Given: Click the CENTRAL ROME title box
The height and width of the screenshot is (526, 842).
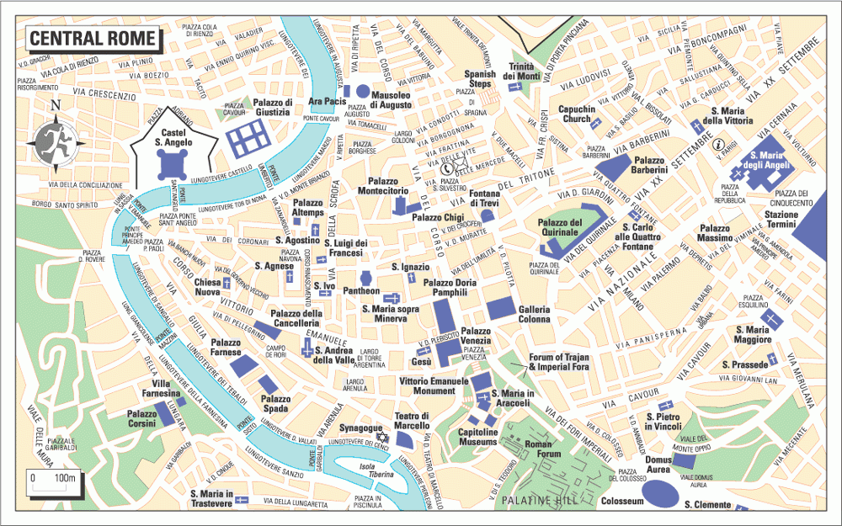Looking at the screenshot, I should (x=93, y=38).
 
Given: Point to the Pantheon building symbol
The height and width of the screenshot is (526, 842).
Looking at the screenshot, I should (x=366, y=278).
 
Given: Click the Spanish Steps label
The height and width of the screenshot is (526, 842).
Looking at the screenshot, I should (x=479, y=78).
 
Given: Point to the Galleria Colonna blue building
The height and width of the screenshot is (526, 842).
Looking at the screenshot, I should (x=499, y=309).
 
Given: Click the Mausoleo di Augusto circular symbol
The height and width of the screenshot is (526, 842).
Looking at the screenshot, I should (x=363, y=90).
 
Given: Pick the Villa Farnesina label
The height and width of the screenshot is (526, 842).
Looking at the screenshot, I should (x=160, y=388).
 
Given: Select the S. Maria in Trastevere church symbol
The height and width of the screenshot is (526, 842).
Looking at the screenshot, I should (x=242, y=500).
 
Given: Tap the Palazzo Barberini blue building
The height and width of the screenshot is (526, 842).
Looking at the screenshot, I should (x=614, y=165).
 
